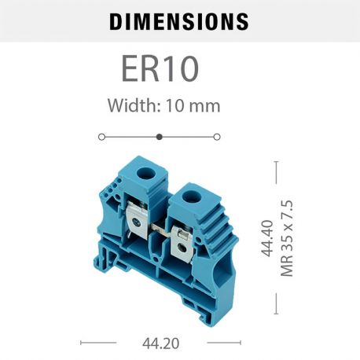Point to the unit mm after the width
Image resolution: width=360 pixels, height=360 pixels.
(206, 105)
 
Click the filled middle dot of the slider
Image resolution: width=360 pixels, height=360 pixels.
(160, 136)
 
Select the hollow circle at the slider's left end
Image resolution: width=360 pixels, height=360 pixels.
(101, 136)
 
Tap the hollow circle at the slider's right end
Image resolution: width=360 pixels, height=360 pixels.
(217, 136)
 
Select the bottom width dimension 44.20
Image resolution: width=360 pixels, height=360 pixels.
(160, 343)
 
